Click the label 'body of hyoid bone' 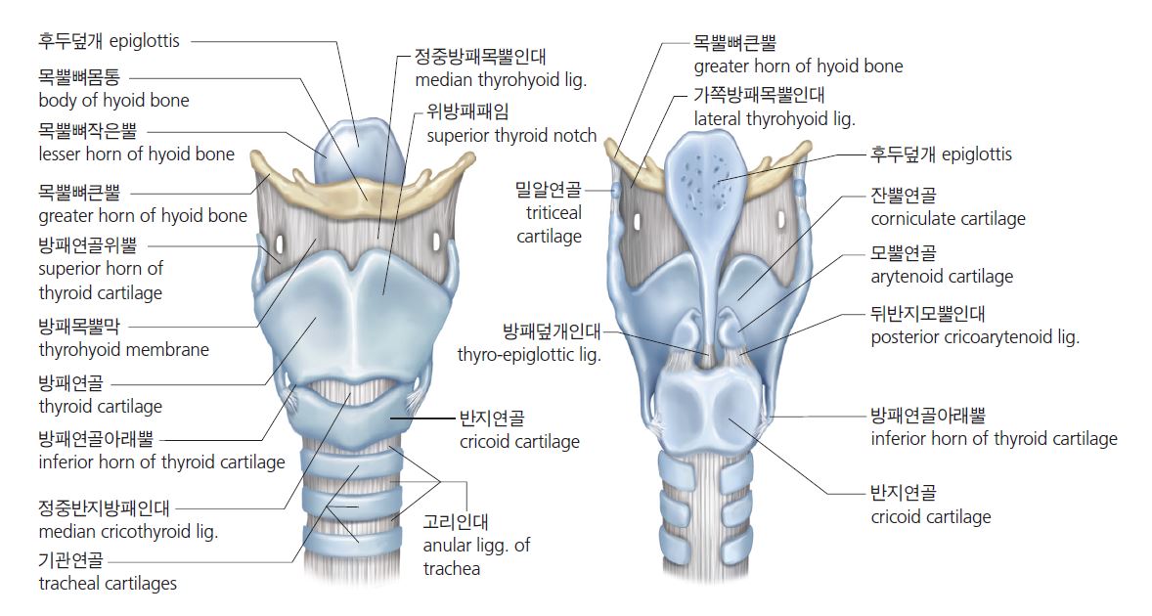tap(113, 100)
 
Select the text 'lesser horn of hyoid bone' tap(136, 154)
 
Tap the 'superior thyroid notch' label tap(511, 135)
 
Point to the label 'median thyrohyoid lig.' tap(500, 80)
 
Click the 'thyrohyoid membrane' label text tap(123, 349)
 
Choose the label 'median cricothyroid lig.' tap(128, 532)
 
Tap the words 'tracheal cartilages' tap(108, 584)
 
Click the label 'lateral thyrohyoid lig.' tap(775, 119)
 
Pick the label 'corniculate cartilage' tap(948, 218)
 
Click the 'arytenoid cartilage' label tap(942, 276)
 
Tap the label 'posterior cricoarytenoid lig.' tap(975, 337)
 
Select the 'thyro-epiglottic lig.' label tap(529, 354)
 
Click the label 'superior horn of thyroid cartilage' tap(101, 280)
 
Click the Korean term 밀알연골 tap(548, 189)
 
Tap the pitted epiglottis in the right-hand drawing tap(711, 176)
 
